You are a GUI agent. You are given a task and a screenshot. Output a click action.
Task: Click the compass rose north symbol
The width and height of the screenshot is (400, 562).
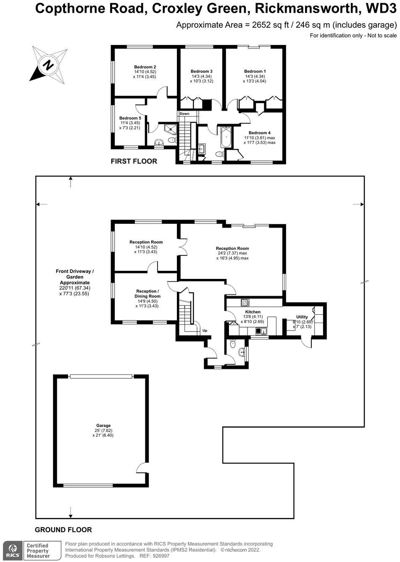tap(48, 66)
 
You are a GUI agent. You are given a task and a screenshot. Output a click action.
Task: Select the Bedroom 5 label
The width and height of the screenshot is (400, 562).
tap(130, 118)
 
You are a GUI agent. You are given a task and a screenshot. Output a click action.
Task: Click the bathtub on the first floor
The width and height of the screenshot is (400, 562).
tap(226, 137)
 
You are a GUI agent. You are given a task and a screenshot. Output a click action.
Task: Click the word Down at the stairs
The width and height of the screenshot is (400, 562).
tap(184, 114)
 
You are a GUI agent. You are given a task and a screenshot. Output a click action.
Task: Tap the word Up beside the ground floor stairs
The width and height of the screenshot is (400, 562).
tap(205, 331)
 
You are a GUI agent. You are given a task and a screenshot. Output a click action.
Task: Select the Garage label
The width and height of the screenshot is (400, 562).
tap(103, 426)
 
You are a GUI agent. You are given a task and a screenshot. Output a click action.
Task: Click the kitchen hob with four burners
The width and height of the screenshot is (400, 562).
tap(245, 302)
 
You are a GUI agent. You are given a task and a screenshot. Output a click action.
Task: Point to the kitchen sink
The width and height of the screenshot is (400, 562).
tap(261, 331)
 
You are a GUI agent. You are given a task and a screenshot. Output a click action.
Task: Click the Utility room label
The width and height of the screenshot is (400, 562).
tap(302, 317)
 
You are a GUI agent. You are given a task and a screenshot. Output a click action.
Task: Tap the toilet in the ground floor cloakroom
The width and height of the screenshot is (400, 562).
tap(233, 345)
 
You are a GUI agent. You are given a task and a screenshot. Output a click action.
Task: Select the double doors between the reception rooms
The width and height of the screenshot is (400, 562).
tap(183, 247)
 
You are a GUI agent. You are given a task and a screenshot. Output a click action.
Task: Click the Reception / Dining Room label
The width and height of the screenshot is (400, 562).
tap(147, 294)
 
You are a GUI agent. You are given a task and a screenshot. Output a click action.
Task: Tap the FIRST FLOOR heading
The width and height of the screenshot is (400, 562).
tap(134, 161)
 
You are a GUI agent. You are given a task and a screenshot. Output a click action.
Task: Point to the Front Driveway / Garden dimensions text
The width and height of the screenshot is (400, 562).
tap(74, 291)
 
